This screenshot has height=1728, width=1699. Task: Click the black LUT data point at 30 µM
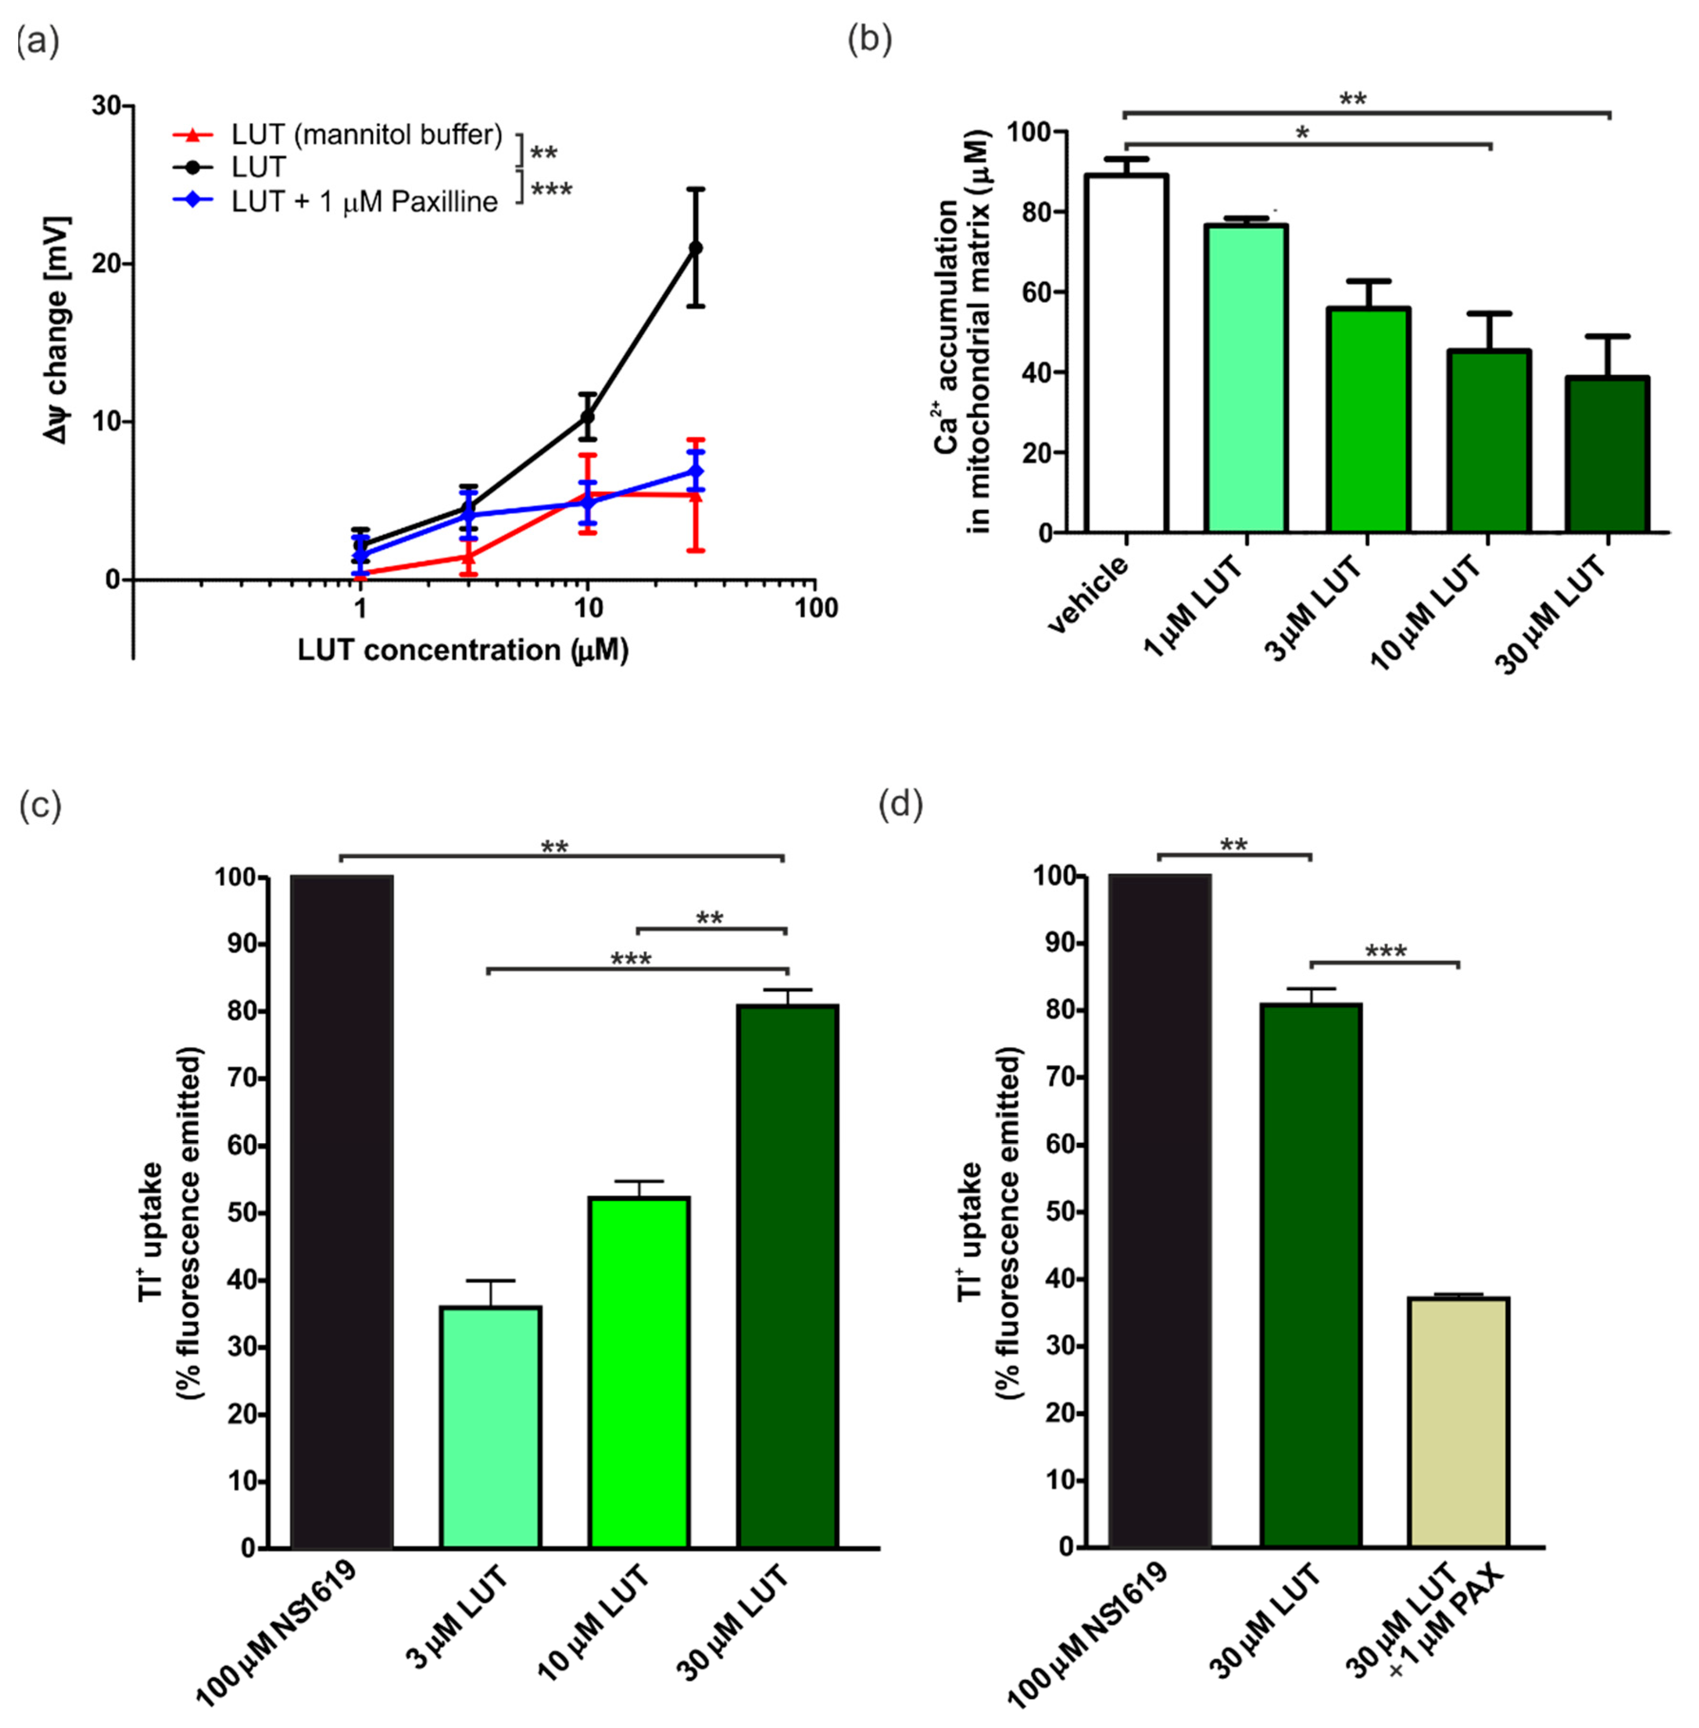695,247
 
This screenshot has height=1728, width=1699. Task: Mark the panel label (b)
869,40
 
